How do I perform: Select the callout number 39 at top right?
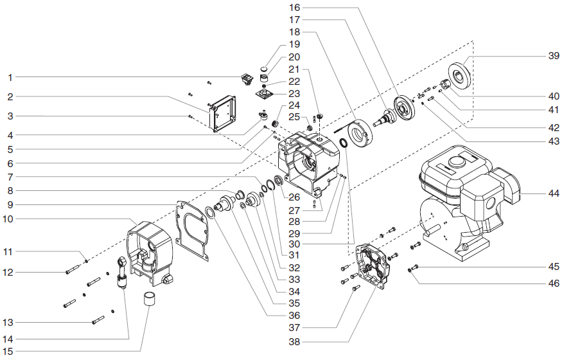(553, 57)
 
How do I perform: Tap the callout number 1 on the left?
(10, 77)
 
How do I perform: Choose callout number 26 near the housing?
(295, 197)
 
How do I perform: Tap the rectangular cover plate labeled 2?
(223, 114)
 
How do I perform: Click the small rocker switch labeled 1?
(245, 80)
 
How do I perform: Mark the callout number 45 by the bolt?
(553, 267)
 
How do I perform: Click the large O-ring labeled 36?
(211, 213)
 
